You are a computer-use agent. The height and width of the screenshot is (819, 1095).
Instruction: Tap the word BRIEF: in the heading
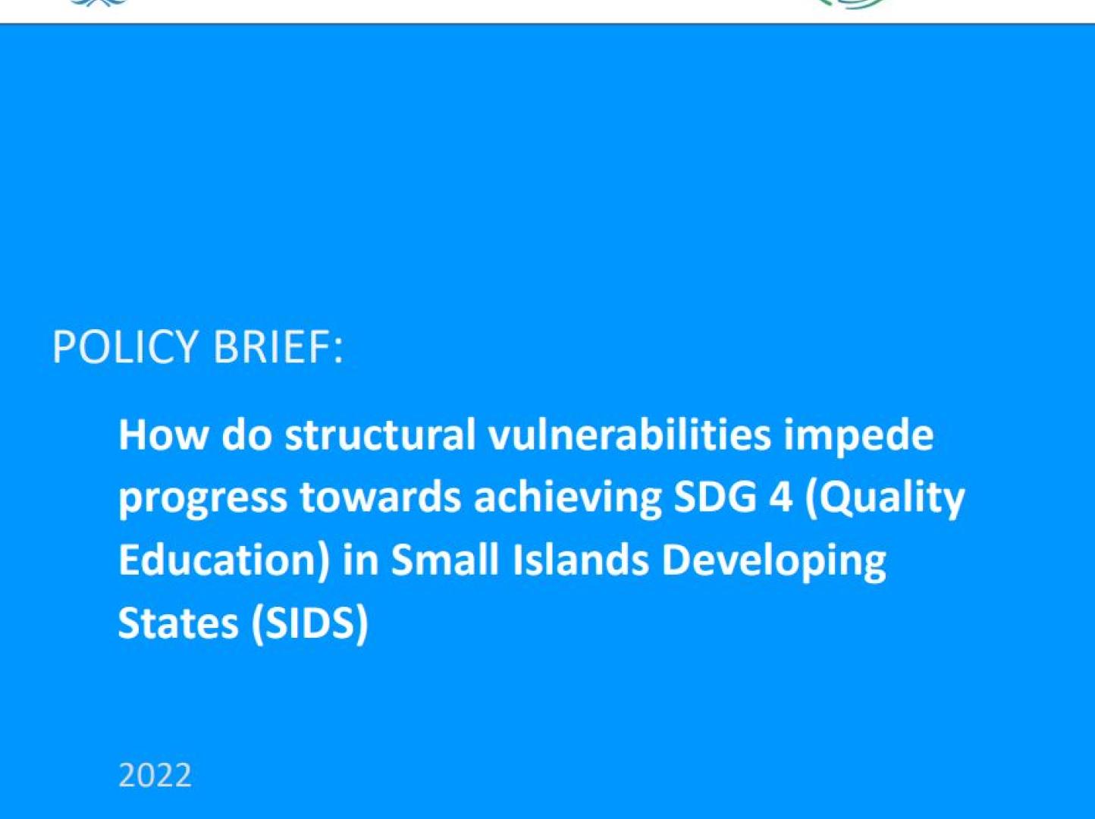click(278, 347)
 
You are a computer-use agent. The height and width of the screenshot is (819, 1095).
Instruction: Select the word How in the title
click(162, 435)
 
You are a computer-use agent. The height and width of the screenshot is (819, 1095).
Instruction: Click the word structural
click(380, 435)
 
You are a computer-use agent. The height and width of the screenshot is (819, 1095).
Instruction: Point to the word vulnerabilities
click(629, 435)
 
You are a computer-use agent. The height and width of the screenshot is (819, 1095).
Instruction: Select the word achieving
click(567, 500)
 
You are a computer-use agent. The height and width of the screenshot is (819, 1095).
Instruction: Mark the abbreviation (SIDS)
click(309, 623)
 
